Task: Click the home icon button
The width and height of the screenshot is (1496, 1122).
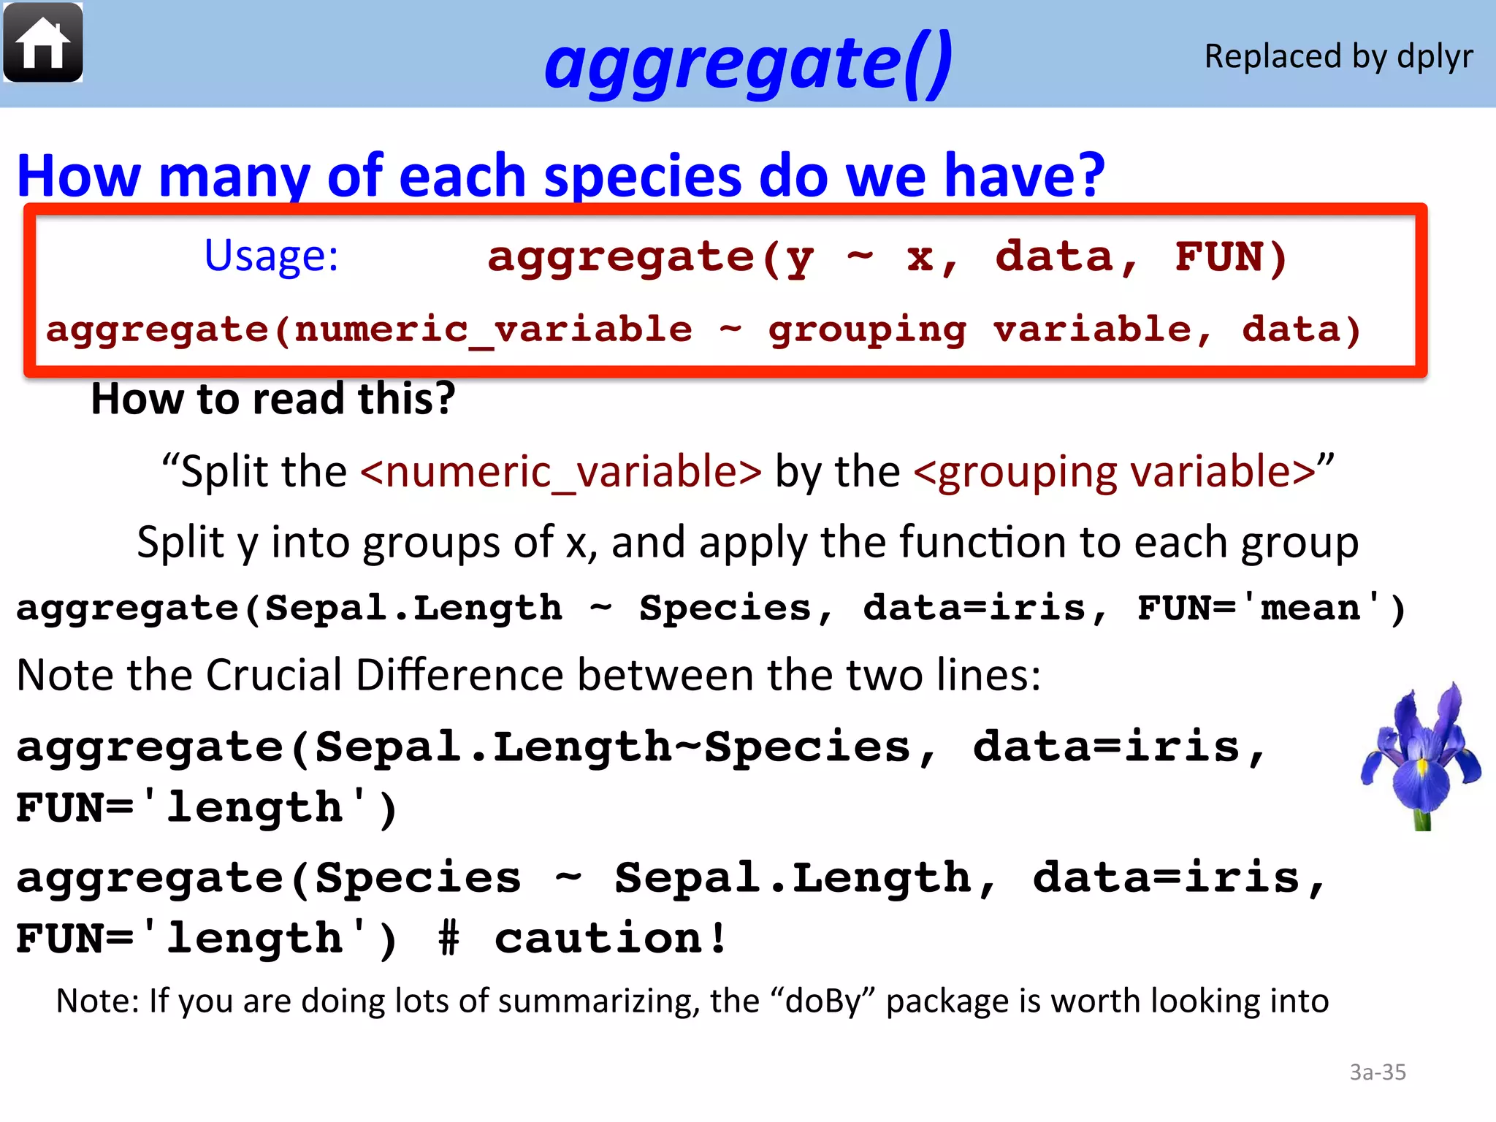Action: click(43, 43)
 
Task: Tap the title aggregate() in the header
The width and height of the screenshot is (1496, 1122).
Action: click(748, 62)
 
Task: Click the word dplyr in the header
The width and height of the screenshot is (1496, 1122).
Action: click(1435, 57)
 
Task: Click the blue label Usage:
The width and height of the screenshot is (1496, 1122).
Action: click(271, 256)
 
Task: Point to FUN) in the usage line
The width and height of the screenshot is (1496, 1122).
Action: click(1231, 257)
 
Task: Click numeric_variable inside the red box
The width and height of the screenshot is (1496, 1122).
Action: click(493, 329)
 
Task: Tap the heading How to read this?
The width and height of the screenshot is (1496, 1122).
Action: click(273, 399)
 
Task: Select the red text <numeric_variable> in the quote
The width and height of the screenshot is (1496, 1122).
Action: click(561, 471)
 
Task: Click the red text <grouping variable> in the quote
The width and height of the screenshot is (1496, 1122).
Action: click(1115, 471)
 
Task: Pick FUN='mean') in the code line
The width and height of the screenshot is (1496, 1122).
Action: click(1271, 608)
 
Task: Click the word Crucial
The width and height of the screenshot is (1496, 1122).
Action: click(274, 674)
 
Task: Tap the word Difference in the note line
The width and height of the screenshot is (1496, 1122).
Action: click(461, 674)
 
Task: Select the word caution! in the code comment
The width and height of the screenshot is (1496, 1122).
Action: click(611, 939)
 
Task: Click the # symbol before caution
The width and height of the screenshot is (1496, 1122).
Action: click(449, 939)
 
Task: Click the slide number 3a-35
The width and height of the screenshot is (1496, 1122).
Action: click(1377, 1072)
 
